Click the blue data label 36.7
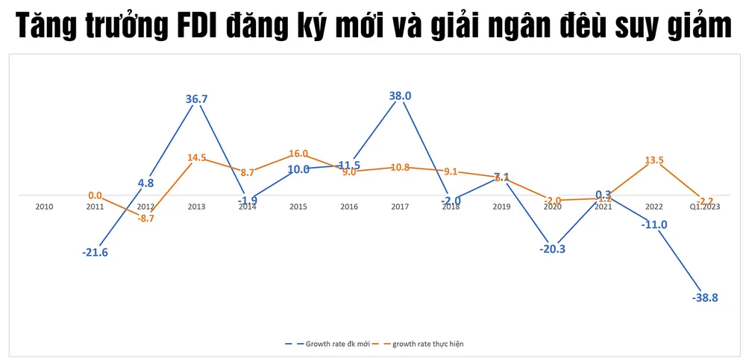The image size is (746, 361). pos(197,98)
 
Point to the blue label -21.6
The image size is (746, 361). pos(95,253)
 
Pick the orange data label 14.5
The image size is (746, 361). pos(198,158)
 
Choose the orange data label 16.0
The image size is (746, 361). pos(298,154)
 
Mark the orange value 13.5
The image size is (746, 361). pos(652,159)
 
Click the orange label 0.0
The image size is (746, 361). pos(95,196)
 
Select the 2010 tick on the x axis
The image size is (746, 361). pos(45,206)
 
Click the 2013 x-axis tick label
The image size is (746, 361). pos(197,206)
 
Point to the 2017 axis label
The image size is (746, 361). pos(401,206)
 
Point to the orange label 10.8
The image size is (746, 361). pos(400,168)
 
